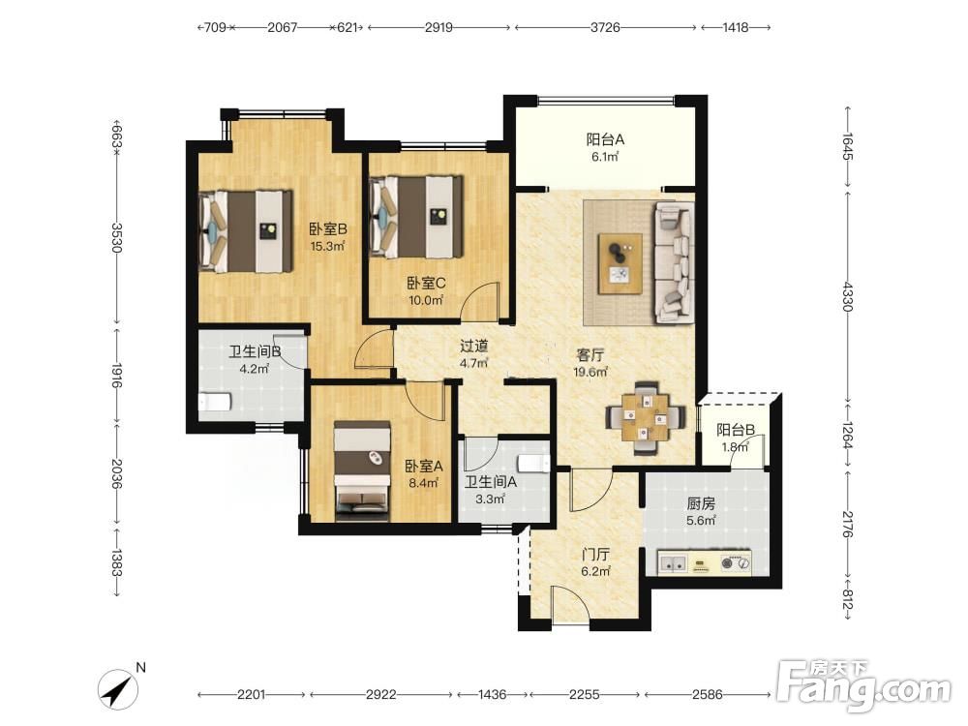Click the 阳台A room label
click(605, 139)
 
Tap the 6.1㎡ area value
click(605, 157)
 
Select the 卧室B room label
click(328, 229)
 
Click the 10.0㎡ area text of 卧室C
click(426, 301)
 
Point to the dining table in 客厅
click(645, 418)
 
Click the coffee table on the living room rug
click(620, 264)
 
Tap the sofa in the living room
click(674, 262)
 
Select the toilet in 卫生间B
click(215, 402)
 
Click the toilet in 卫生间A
click(534, 463)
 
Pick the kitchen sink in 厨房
click(673, 563)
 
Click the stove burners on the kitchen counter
click(736, 563)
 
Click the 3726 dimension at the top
click(605, 27)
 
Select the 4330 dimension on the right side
click(847, 296)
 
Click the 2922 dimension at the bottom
click(380, 694)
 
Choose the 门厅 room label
click(595, 555)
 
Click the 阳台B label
click(736, 430)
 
